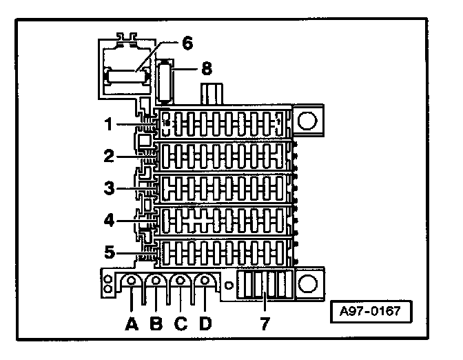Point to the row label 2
109,157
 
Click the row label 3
109,188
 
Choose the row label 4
109,221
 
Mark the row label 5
109,252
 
